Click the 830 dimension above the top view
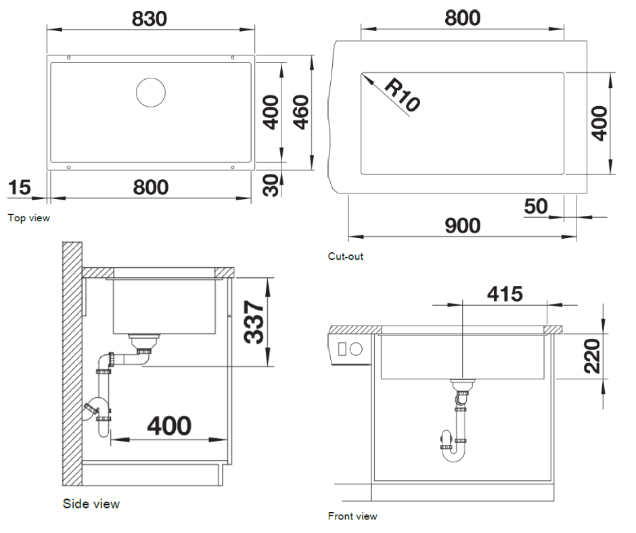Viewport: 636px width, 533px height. click(149, 19)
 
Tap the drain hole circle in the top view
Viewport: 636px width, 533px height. click(150, 92)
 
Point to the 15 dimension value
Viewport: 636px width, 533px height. click(20, 187)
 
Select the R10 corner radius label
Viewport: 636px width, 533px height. click(402, 95)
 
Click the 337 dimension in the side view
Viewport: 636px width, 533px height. click(254, 321)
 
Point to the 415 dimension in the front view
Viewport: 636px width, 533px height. click(505, 294)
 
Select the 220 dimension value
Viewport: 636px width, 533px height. click(591, 356)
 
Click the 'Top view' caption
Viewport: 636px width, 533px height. click(28, 218)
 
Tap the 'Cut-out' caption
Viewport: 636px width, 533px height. click(345, 256)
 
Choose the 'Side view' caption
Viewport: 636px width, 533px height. click(91, 504)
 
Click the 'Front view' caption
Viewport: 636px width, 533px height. click(352, 516)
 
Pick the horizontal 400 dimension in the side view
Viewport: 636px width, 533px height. click(169, 426)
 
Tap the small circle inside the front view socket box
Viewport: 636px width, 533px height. click(356, 350)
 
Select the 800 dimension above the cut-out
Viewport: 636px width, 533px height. click(462, 18)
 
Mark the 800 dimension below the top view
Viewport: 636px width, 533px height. click(150, 187)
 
